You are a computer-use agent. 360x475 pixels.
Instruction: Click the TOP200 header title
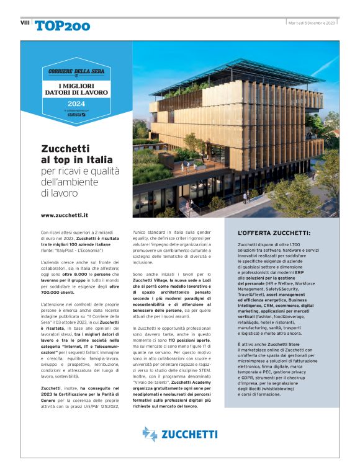point(62,25)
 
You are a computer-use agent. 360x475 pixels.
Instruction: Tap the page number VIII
point(24,22)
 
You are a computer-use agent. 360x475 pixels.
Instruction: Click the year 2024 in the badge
point(76,103)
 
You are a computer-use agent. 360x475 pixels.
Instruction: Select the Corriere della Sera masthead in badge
point(76,72)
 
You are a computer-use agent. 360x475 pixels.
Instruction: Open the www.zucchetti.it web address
point(65,215)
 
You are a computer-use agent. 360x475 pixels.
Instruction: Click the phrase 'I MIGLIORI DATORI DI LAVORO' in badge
point(76,87)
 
